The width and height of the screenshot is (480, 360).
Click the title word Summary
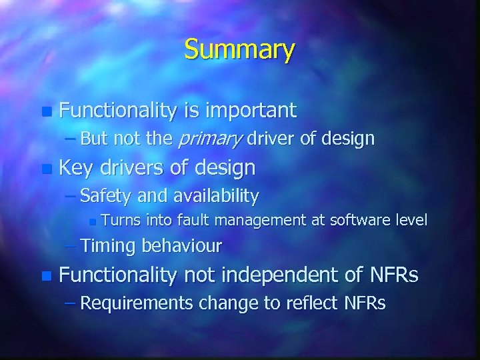239,50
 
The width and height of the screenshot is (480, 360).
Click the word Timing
109,246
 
